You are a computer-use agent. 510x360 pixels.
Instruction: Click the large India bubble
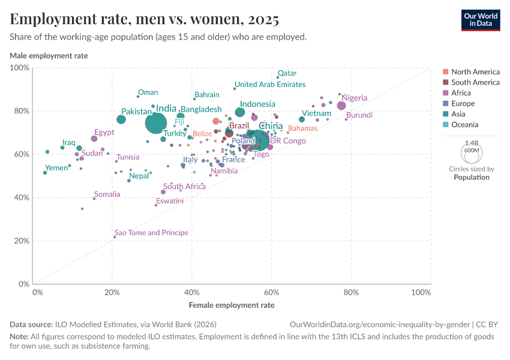155,123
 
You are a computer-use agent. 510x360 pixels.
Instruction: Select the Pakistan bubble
121,119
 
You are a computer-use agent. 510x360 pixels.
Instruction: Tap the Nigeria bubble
341,106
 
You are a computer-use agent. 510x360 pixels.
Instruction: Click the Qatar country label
287,73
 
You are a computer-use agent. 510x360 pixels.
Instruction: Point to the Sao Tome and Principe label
151,233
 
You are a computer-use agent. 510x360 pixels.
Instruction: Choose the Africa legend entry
461,93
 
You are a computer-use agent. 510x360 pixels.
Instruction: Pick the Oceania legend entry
464,125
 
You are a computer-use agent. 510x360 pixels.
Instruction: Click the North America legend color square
445,72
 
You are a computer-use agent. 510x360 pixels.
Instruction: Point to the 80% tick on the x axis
352,293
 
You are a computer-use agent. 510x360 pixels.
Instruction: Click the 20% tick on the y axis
22,241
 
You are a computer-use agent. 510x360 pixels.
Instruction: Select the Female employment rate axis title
232,305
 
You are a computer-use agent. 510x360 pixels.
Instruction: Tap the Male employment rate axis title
49,56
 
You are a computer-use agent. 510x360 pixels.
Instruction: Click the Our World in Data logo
481,19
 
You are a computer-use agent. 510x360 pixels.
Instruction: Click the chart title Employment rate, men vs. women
144,20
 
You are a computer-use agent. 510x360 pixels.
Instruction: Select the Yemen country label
56,168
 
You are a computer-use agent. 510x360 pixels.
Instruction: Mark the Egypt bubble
94,139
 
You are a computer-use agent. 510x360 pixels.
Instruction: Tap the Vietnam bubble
302,119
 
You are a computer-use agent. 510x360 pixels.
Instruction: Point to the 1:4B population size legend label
472,143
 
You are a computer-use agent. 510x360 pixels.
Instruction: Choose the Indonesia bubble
240,112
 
